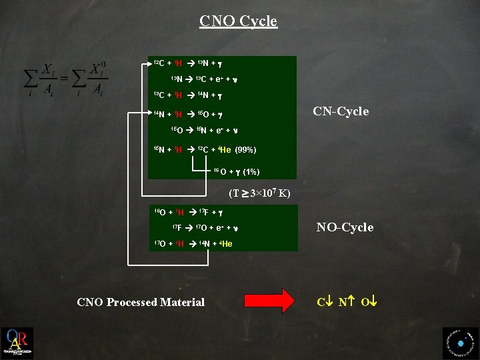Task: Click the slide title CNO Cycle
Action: tap(238, 21)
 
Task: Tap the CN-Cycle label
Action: tap(341, 111)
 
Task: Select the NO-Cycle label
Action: tap(345, 227)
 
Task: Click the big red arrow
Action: tap(270, 301)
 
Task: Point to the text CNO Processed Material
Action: tap(141, 302)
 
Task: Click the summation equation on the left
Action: tap(65, 79)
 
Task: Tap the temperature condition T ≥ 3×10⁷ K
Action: tap(259, 194)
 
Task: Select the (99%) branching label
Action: tap(246, 149)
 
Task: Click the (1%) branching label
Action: tap(251, 172)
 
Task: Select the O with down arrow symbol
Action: tap(369, 302)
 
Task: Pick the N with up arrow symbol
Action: tap(345, 302)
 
